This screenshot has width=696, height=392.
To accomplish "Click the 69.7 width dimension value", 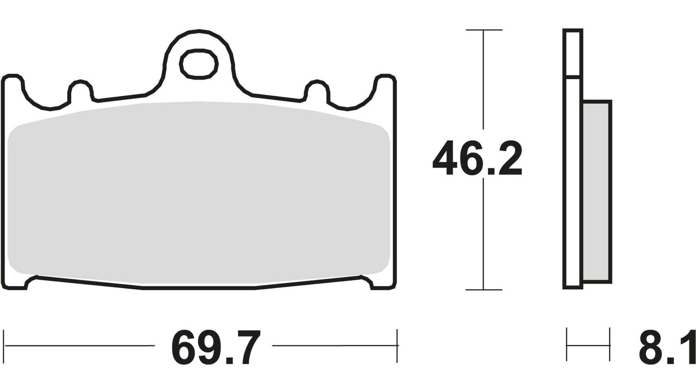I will coord(215,348).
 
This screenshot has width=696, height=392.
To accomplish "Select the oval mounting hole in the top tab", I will coord(199,64).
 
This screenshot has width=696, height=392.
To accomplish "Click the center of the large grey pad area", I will coord(199,192).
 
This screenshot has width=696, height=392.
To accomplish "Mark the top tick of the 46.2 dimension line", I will coord(484,30).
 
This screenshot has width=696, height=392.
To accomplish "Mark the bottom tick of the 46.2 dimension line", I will coord(484,290).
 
